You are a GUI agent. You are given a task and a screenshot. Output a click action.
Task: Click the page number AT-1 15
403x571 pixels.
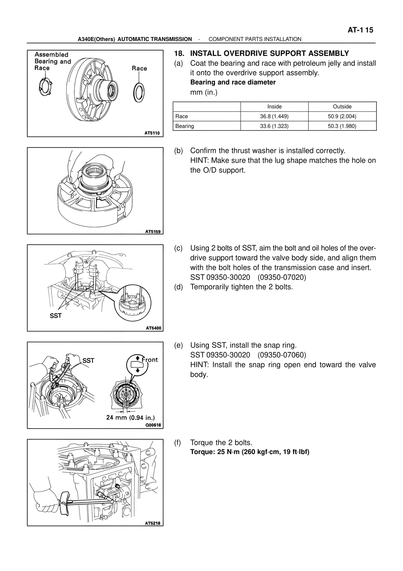(360, 30)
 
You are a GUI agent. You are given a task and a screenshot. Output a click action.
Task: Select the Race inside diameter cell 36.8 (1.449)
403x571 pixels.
(274, 116)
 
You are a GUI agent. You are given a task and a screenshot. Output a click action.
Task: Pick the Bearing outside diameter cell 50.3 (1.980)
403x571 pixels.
(342, 126)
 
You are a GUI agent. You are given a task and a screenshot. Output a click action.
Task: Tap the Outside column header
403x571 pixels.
(342, 107)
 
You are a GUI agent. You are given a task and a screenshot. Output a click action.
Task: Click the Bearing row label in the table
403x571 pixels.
(184, 126)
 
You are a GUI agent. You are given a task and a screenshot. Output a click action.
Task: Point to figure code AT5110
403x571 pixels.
(152, 133)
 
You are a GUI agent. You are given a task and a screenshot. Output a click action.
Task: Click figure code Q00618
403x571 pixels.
(153, 425)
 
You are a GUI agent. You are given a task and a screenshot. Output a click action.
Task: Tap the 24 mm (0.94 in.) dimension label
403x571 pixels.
(130, 418)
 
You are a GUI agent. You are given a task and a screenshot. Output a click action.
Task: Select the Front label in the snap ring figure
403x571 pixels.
(150, 360)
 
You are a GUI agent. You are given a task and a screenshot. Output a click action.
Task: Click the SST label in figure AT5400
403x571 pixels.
(56, 316)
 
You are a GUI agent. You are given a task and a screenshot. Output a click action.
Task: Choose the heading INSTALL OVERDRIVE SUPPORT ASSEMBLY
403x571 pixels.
(270, 54)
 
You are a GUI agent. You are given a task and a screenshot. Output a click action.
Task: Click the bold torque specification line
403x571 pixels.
(250, 452)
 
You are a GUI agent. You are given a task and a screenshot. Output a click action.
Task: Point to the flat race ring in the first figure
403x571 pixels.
(139, 92)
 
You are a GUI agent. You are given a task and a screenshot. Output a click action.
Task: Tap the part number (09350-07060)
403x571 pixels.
(282, 355)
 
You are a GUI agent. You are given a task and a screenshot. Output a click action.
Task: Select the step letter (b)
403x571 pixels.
(179, 151)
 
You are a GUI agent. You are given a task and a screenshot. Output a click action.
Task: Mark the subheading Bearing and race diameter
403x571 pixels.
(233, 83)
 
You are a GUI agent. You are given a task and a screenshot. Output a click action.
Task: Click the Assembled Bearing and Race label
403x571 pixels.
(53, 61)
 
